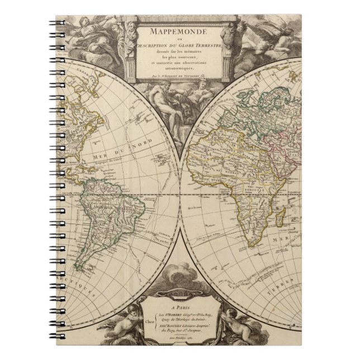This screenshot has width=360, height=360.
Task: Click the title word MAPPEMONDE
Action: coord(180,26)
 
